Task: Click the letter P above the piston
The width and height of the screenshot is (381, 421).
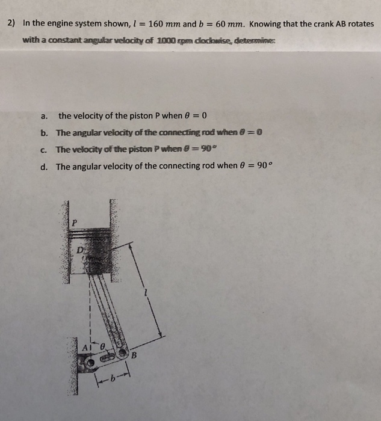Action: (x=75, y=223)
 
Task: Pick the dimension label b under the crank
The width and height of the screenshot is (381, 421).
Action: (x=111, y=378)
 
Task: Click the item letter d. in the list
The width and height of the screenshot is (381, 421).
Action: (x=44, y=167)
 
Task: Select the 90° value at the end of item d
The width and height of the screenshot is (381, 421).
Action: (x=256, y=167)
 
